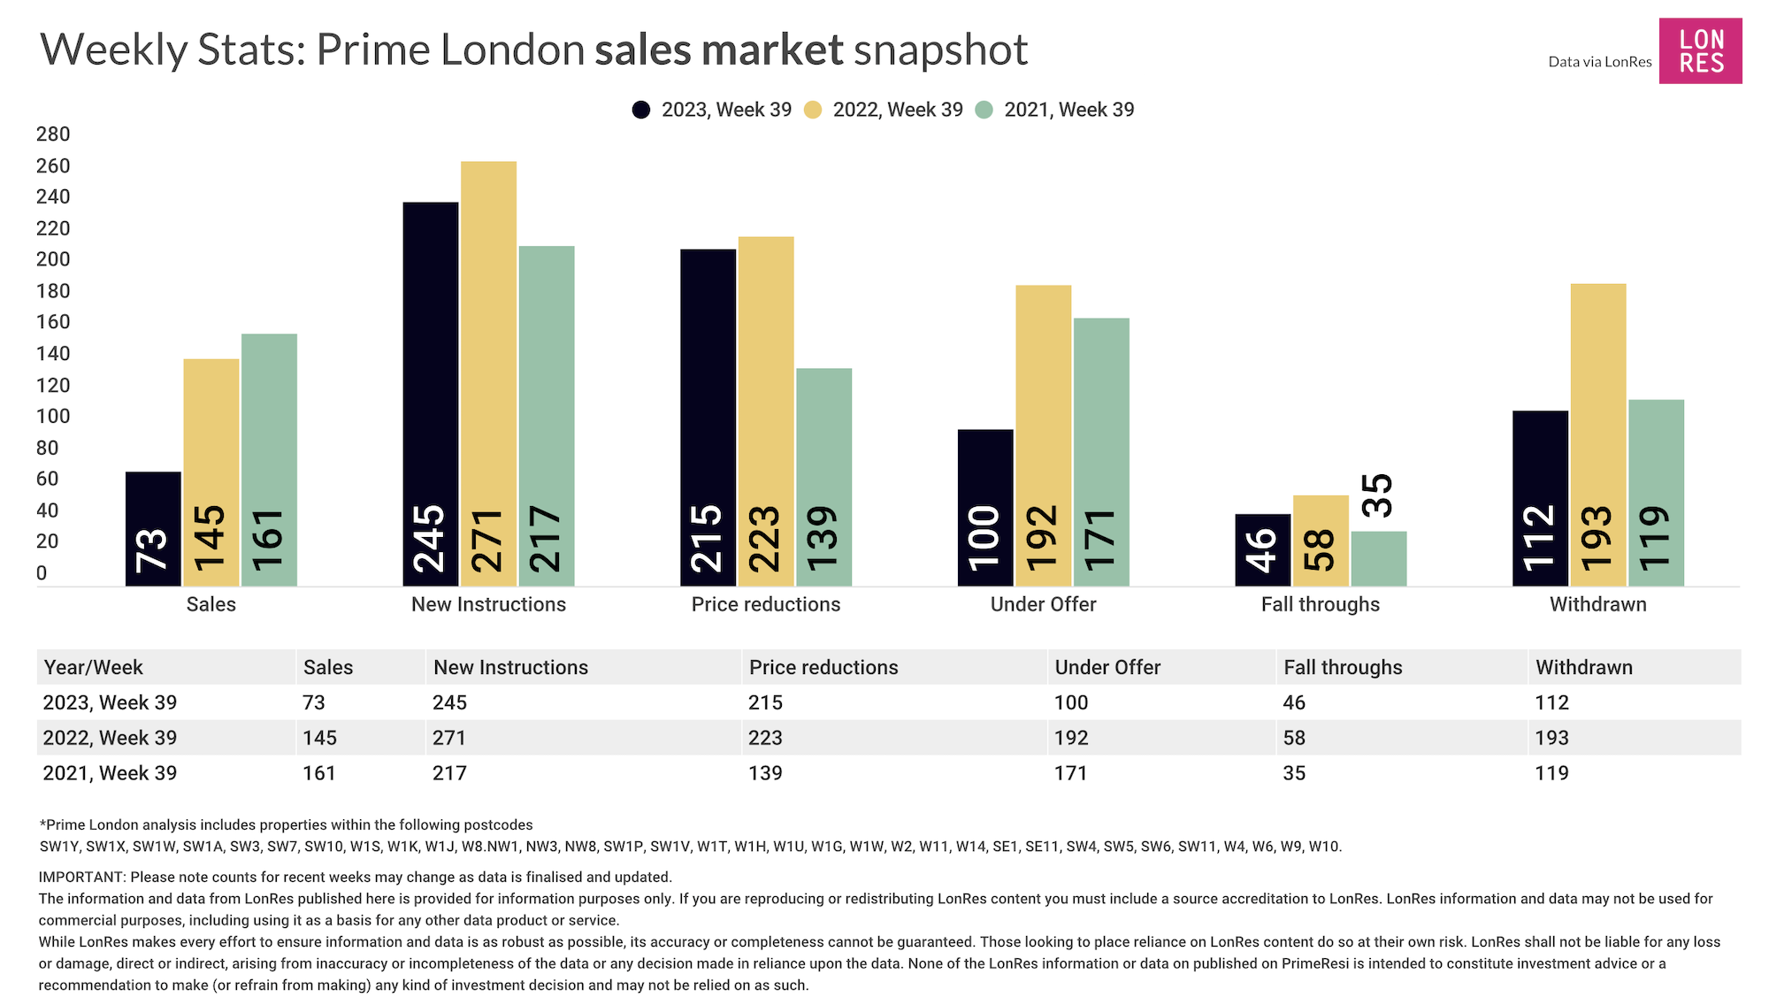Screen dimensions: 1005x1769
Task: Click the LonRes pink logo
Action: (x=1700, y=51)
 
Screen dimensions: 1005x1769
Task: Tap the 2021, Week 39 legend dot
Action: (x=984, y=110)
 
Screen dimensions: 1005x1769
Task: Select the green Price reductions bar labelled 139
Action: (x=823, y=477)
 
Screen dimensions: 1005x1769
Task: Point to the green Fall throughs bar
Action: (x=1378, y=558)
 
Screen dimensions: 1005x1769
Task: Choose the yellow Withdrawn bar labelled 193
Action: (x=1597, y=434)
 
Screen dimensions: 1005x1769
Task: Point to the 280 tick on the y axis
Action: (x=53, y=134)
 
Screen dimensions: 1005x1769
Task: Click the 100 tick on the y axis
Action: (x=53, y=417)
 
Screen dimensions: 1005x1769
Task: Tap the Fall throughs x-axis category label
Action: (x=1320, y=604)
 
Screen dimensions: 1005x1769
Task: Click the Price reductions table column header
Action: (x=823, y=667)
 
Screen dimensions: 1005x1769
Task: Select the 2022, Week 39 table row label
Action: (x=110, y=738)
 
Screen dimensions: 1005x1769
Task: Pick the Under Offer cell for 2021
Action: (x=1070, y=773)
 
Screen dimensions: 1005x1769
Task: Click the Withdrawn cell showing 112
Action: (x=1551, y=702)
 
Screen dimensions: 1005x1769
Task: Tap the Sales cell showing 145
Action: (x=319, y=738)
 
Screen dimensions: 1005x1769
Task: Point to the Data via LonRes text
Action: (x=1599, y=62)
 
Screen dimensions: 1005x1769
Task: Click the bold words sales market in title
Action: (x=718, y=50)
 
